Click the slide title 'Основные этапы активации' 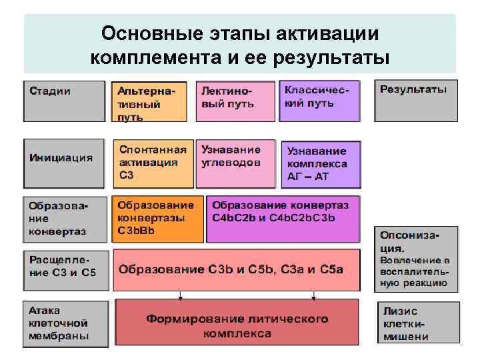coord(240,33)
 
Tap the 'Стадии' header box coord(65,100)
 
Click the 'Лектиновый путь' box coord(235,101)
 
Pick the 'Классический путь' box coord(320,101)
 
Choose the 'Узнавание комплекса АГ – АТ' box coord(321,164)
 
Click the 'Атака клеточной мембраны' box coord(65,323)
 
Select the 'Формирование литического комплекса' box coord(237,323)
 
